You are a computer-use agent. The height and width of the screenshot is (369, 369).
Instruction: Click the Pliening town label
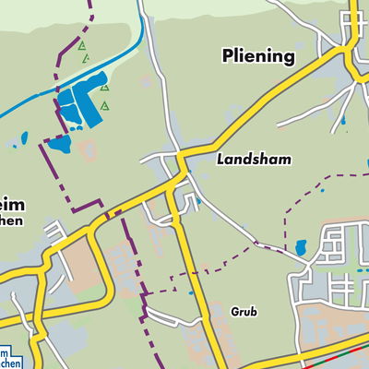(258, 57)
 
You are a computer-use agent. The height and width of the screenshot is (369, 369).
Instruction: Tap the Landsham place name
(254, 160)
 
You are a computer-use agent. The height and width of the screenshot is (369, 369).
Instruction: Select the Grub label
(244, 312)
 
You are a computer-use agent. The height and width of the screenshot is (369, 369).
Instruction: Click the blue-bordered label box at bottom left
(9, 358)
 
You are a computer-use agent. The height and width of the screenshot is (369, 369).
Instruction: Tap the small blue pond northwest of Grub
(191, 292)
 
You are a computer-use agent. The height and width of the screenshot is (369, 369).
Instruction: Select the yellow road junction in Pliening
(351, 46)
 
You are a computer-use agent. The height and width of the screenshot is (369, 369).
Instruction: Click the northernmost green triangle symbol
(81, 44)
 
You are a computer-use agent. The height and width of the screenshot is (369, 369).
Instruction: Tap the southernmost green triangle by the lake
(106, 105)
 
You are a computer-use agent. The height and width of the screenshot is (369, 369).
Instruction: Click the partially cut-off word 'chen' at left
(12, 220)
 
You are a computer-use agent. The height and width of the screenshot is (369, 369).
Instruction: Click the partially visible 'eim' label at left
(12, 204)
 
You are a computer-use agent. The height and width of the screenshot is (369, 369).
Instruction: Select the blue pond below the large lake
(59, 145)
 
